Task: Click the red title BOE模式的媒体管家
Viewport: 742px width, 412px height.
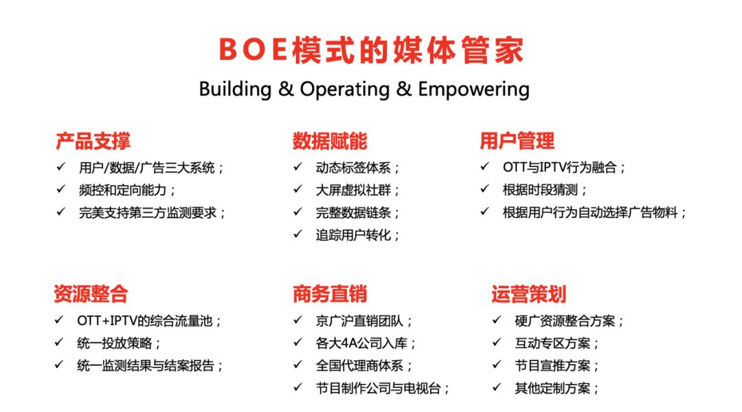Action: (372, 50)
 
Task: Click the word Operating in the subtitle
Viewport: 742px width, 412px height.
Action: (344, 89)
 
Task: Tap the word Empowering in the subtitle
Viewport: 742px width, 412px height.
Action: (473, 89)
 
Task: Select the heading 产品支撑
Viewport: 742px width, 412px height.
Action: (93, 141)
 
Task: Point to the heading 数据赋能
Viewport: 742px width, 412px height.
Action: (330, 141)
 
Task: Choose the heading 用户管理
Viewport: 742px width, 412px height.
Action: (517, 140)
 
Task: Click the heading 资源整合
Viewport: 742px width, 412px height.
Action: (91, 294)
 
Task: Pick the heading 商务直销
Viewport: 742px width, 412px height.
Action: (330, 294)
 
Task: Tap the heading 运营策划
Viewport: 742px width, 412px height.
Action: (528, 294)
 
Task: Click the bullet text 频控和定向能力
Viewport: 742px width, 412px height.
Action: (122, 190)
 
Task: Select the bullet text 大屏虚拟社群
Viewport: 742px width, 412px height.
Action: (354, 190)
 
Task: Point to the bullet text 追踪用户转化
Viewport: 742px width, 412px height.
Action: (354, 235)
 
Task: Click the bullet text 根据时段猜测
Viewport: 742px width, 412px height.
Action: (541, 190)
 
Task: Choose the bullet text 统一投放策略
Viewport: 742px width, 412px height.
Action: (115, 343)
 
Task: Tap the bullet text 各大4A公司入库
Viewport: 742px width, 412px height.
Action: (361, 343)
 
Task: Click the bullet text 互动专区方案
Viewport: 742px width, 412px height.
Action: (552, 343)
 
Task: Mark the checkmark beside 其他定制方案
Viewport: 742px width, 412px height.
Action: (497, 387)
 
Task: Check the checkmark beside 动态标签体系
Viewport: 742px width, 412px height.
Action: (297, 166)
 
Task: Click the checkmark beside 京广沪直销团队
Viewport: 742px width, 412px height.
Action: (297, 320)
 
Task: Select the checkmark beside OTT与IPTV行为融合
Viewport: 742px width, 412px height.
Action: (484, 166)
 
